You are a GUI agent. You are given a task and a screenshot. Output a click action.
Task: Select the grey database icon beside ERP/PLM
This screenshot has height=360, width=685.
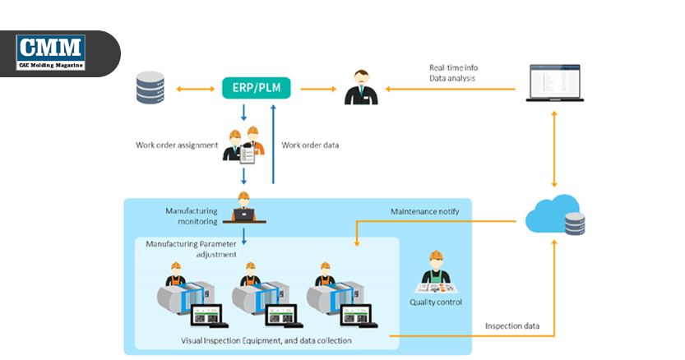[x=149, y=87]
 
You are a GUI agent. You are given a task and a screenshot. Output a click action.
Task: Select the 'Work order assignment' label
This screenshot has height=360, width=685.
[x=177, y=145]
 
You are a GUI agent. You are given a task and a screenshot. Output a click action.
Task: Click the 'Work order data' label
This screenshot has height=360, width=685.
[x=310, y=145]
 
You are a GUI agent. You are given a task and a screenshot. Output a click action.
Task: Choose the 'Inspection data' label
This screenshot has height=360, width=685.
[x=512, y=325]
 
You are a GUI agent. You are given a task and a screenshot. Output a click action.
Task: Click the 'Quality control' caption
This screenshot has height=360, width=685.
[x=436, y=302]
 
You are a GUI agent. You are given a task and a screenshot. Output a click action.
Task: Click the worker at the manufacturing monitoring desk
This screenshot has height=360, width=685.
[x=243, y=208]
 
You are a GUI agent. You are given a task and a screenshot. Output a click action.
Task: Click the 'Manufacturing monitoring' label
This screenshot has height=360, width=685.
[x=191, y=215]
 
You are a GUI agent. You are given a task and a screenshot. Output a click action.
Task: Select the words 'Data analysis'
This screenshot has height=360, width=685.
[x=452, y=78]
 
